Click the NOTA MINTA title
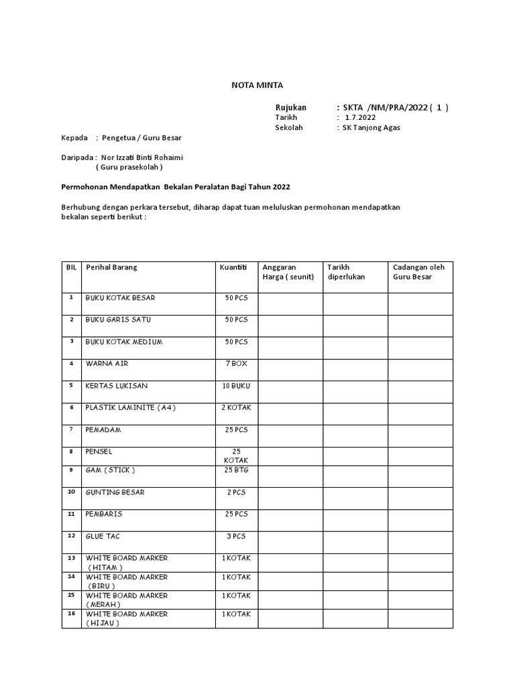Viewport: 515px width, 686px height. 257,85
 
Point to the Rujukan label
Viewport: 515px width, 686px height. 291,107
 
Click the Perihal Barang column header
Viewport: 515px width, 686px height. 111,267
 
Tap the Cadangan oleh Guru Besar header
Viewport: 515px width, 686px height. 419,271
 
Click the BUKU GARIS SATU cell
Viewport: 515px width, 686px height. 118,320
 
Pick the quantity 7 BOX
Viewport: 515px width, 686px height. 236,363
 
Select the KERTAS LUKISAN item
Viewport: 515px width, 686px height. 117,385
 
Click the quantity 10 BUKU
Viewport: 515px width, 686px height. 236,385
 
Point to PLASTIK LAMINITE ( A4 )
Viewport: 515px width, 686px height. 131,407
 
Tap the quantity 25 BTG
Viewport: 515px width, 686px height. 236,470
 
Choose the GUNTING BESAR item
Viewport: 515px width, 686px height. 115,492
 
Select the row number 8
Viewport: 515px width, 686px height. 70,451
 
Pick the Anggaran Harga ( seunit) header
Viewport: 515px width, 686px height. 288,271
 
